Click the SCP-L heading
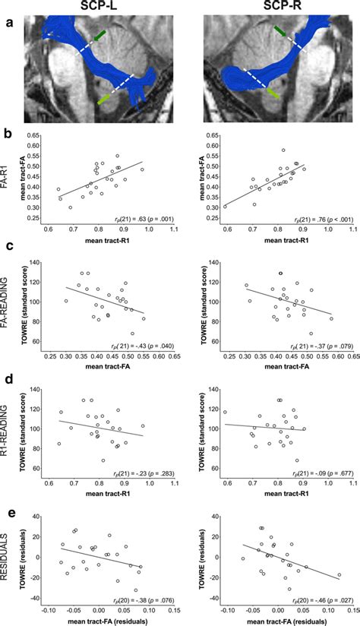(x=96, y=7)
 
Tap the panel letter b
(x=7, y=138)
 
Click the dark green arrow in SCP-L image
(x=100, y=35)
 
